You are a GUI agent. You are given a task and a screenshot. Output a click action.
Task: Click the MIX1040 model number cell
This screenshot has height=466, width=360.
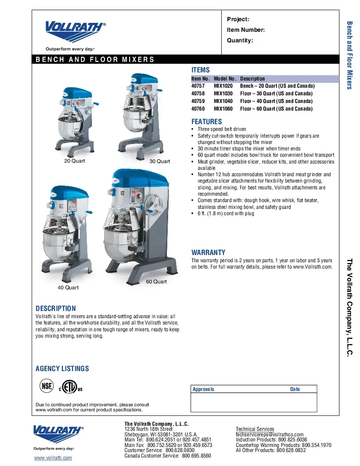(223, 101)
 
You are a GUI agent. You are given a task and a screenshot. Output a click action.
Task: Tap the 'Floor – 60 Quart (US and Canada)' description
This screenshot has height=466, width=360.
(276, 109)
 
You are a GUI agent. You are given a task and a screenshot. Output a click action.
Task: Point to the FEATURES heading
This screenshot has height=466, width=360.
(206, 122)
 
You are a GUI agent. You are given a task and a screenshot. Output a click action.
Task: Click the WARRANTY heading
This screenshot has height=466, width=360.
(208, 252)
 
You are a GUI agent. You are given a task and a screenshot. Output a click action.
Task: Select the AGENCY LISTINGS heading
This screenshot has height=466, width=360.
(62, 369)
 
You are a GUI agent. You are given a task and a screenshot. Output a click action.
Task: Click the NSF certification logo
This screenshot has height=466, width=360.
(47, 386)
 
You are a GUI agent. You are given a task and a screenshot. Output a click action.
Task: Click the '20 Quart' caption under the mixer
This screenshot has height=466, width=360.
(75, 161)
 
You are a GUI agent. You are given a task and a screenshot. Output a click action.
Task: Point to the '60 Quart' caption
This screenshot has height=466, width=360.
(156, 282)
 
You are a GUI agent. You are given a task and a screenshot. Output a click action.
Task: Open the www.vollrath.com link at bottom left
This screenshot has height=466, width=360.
(53, 458)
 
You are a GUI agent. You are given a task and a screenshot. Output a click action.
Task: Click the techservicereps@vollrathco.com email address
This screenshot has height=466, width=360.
(269, 435)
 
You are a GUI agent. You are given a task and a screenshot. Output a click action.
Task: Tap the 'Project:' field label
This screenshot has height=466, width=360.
(238, 19)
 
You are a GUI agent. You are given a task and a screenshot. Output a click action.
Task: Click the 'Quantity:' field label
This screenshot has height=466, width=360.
(240, 41)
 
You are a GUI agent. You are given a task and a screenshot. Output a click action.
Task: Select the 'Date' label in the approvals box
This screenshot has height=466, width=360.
(295, 389)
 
